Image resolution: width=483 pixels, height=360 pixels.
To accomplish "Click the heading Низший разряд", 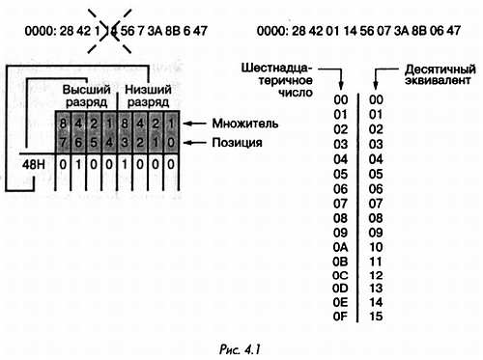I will [x=148, y=96].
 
